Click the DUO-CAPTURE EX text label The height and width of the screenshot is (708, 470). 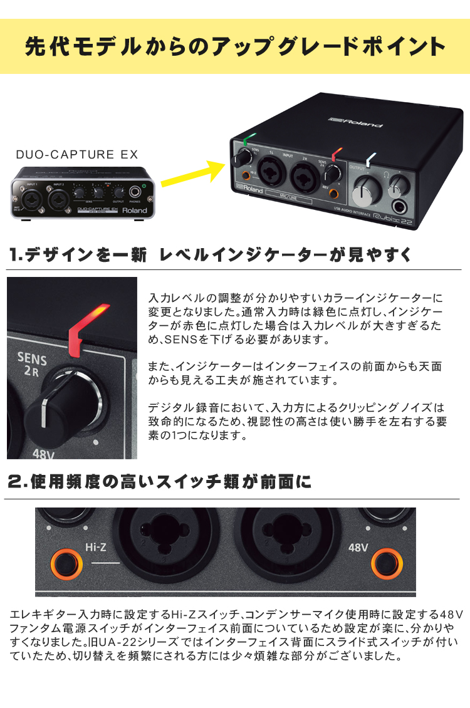(77, 154)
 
